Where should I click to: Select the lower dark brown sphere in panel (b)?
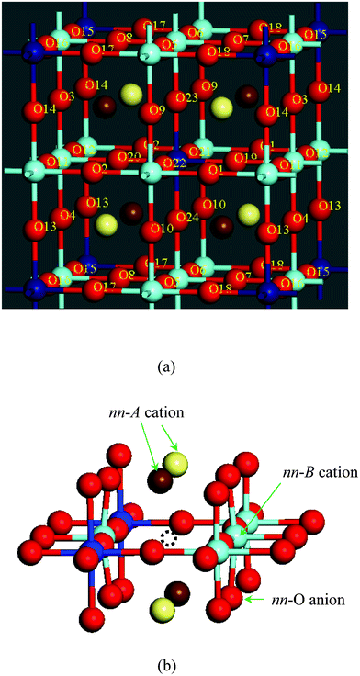pos(177,592)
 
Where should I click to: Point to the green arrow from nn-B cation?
pos(256,501)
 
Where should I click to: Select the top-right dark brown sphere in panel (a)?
pos(246,94)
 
